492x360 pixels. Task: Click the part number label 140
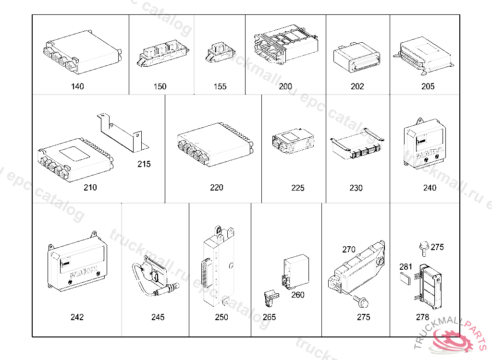(77, 86)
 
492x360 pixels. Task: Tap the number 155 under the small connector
(220, 86)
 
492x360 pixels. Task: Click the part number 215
(144, 164)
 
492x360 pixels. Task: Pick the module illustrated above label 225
(293, 141)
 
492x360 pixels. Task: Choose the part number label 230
(356, 188)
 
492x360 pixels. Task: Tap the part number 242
(77, 317)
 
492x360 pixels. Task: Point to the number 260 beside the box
(298, 295)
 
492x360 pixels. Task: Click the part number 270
(349, 250)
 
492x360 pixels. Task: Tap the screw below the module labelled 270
(363, 302)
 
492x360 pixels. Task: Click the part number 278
(422, 317)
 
